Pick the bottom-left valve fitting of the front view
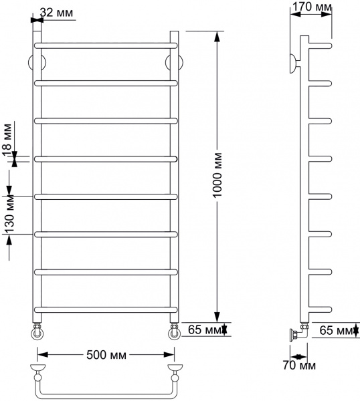pos(37,331)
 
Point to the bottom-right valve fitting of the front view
pos(173,331)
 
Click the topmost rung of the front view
pos(106,45)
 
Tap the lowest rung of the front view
pos(106,307)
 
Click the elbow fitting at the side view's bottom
pos(299,332)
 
